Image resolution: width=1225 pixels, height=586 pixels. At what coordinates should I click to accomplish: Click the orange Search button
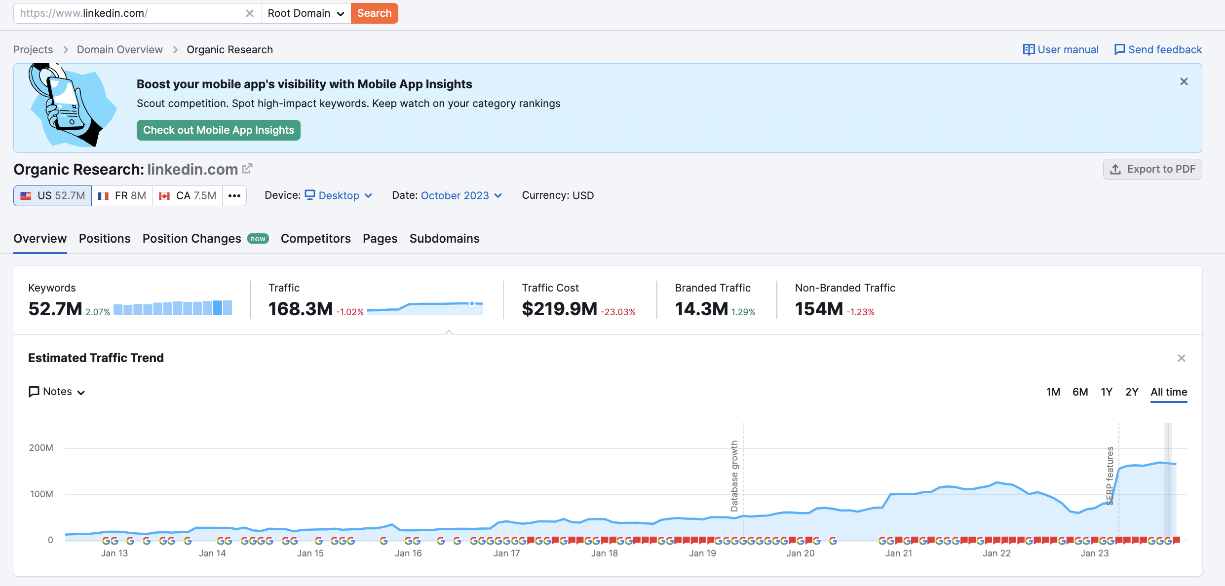point(374,13)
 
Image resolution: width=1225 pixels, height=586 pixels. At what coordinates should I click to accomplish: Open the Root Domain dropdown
point(306,13)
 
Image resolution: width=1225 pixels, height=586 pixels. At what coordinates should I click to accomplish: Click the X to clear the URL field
point(250,13)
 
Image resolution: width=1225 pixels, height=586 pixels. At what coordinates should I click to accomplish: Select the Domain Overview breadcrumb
point(119,50)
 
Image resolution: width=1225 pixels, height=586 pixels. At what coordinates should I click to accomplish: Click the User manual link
point(1061,50)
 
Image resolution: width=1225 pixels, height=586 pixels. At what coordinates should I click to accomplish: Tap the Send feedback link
point(1158,50)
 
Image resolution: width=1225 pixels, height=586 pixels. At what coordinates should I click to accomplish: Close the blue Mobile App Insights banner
point(1184,82)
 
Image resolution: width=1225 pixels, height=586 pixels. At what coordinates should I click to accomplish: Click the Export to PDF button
point(1152,169)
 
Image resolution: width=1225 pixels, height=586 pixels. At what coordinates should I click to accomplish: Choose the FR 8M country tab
point(122,196)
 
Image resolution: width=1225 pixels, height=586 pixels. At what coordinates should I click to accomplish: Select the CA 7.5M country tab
point(188,196)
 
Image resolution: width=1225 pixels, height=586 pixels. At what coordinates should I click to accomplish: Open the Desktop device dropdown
point(339,196)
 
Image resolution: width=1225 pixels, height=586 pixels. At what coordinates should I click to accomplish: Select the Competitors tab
point(315,239)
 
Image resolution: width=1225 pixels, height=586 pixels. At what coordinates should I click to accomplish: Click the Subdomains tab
point(444,239)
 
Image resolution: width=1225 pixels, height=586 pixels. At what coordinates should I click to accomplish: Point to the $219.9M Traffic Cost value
point(559,309)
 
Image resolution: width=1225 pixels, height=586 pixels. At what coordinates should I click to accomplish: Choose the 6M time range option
point(1080,392)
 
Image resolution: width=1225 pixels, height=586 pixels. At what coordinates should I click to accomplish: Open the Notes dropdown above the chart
point(57,392)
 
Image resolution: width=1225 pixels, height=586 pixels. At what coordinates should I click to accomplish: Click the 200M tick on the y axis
point(41,448)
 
